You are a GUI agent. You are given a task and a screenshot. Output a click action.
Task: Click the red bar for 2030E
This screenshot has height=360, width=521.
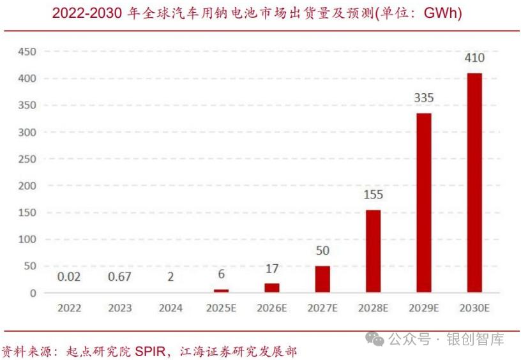click(474, 183)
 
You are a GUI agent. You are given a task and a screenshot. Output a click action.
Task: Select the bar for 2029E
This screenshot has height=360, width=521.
click(424, 203)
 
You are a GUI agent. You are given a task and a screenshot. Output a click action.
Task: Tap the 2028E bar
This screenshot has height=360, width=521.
click(374, 251)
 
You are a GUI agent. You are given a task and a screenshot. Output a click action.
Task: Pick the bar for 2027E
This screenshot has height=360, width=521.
click(322, 279)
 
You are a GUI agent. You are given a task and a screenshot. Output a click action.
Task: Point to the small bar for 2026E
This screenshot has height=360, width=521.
click(272, 288)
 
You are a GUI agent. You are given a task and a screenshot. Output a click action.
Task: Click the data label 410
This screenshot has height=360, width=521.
click(474, 58)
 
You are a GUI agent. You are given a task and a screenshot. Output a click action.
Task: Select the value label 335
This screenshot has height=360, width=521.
click(424, 98)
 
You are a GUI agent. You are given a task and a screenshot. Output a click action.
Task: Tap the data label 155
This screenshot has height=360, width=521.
click(374, 195)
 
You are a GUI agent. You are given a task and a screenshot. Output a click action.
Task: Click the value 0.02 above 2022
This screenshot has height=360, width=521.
click(69, 277)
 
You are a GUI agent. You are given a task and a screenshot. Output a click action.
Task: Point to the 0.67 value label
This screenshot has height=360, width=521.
click(120, 277)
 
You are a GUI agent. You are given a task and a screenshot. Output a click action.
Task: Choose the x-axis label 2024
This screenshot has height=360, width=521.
click(170, 308)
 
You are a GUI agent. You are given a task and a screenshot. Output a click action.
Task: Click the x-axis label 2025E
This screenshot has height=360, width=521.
click(222, 308)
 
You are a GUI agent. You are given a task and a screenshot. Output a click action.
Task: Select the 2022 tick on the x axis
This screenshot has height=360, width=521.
click(69, 308)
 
